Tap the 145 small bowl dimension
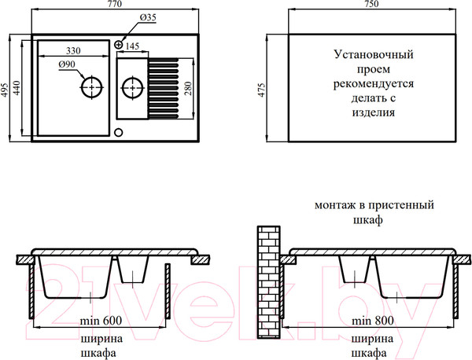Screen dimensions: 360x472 click(131, 47)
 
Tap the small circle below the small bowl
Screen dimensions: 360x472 click(118, 131)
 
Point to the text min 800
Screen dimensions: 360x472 click(373, 321)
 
